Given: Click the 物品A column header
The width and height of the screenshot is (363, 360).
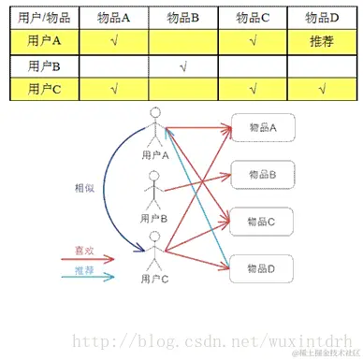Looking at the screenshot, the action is [x=113, y=18].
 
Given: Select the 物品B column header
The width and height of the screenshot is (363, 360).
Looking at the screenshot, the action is [x=182, y=18].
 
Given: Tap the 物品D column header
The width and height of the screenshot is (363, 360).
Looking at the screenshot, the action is [x=321, y=18].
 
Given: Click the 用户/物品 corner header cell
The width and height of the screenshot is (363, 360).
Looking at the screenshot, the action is [x=43, y=18].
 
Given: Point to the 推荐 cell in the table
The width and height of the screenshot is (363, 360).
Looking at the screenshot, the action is [x=321, y=41].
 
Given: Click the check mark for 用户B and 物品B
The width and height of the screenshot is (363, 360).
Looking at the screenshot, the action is [x=182, y=65].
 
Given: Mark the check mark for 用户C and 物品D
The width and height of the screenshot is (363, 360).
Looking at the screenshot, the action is [x=321, y=90].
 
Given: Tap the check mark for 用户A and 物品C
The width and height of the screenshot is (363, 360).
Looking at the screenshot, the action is [x=253, y=41].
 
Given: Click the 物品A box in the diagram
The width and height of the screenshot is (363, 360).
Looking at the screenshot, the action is [x=260, y=127].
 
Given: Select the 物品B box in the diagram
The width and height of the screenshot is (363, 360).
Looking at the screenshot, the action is [x=260, y=174].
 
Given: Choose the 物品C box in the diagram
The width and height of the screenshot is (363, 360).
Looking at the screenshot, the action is [x=260, y=222].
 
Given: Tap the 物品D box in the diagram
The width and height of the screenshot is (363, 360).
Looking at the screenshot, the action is [x=260, y=268].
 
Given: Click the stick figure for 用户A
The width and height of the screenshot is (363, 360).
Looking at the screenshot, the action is [x=155, y=128].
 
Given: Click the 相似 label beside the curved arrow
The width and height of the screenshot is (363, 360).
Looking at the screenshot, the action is [x=85, y=187].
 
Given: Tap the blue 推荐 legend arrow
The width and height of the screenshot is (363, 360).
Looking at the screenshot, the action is [x=94, y=277].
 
